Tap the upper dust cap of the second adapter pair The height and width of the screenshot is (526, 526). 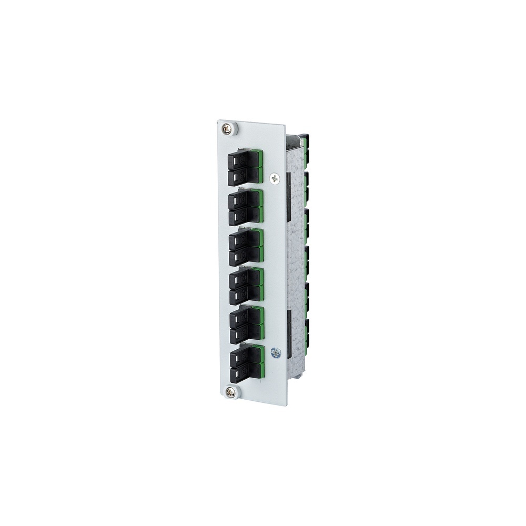click(x=240, y=200)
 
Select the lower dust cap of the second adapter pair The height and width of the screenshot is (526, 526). click(x=240, y=216)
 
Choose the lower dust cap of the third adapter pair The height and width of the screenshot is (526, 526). click(x=240, y=257)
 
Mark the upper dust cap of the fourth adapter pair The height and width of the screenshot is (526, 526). click(x=241, y=279)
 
